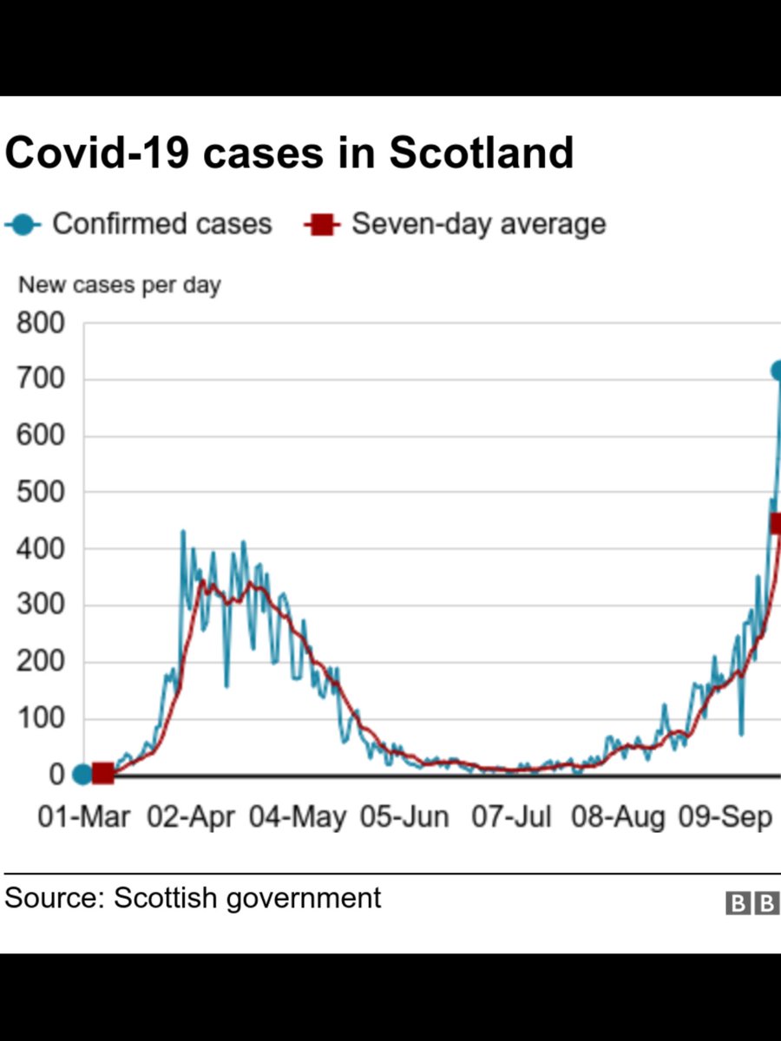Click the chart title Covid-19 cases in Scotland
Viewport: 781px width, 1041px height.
289,153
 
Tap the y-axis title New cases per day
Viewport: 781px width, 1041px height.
120,285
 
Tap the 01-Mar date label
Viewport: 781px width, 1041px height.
84,817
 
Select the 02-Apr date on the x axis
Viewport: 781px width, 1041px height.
191,817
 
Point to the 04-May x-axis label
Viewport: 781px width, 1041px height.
298,817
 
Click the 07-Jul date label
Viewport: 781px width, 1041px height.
511,817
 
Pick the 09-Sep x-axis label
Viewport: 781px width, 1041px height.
725,817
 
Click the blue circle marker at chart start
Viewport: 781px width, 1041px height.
82,774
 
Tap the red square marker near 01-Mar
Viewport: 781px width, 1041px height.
102,773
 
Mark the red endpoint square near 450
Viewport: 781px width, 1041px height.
775,523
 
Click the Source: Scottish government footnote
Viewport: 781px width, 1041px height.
193,898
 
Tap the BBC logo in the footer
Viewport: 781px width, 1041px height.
752,904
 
